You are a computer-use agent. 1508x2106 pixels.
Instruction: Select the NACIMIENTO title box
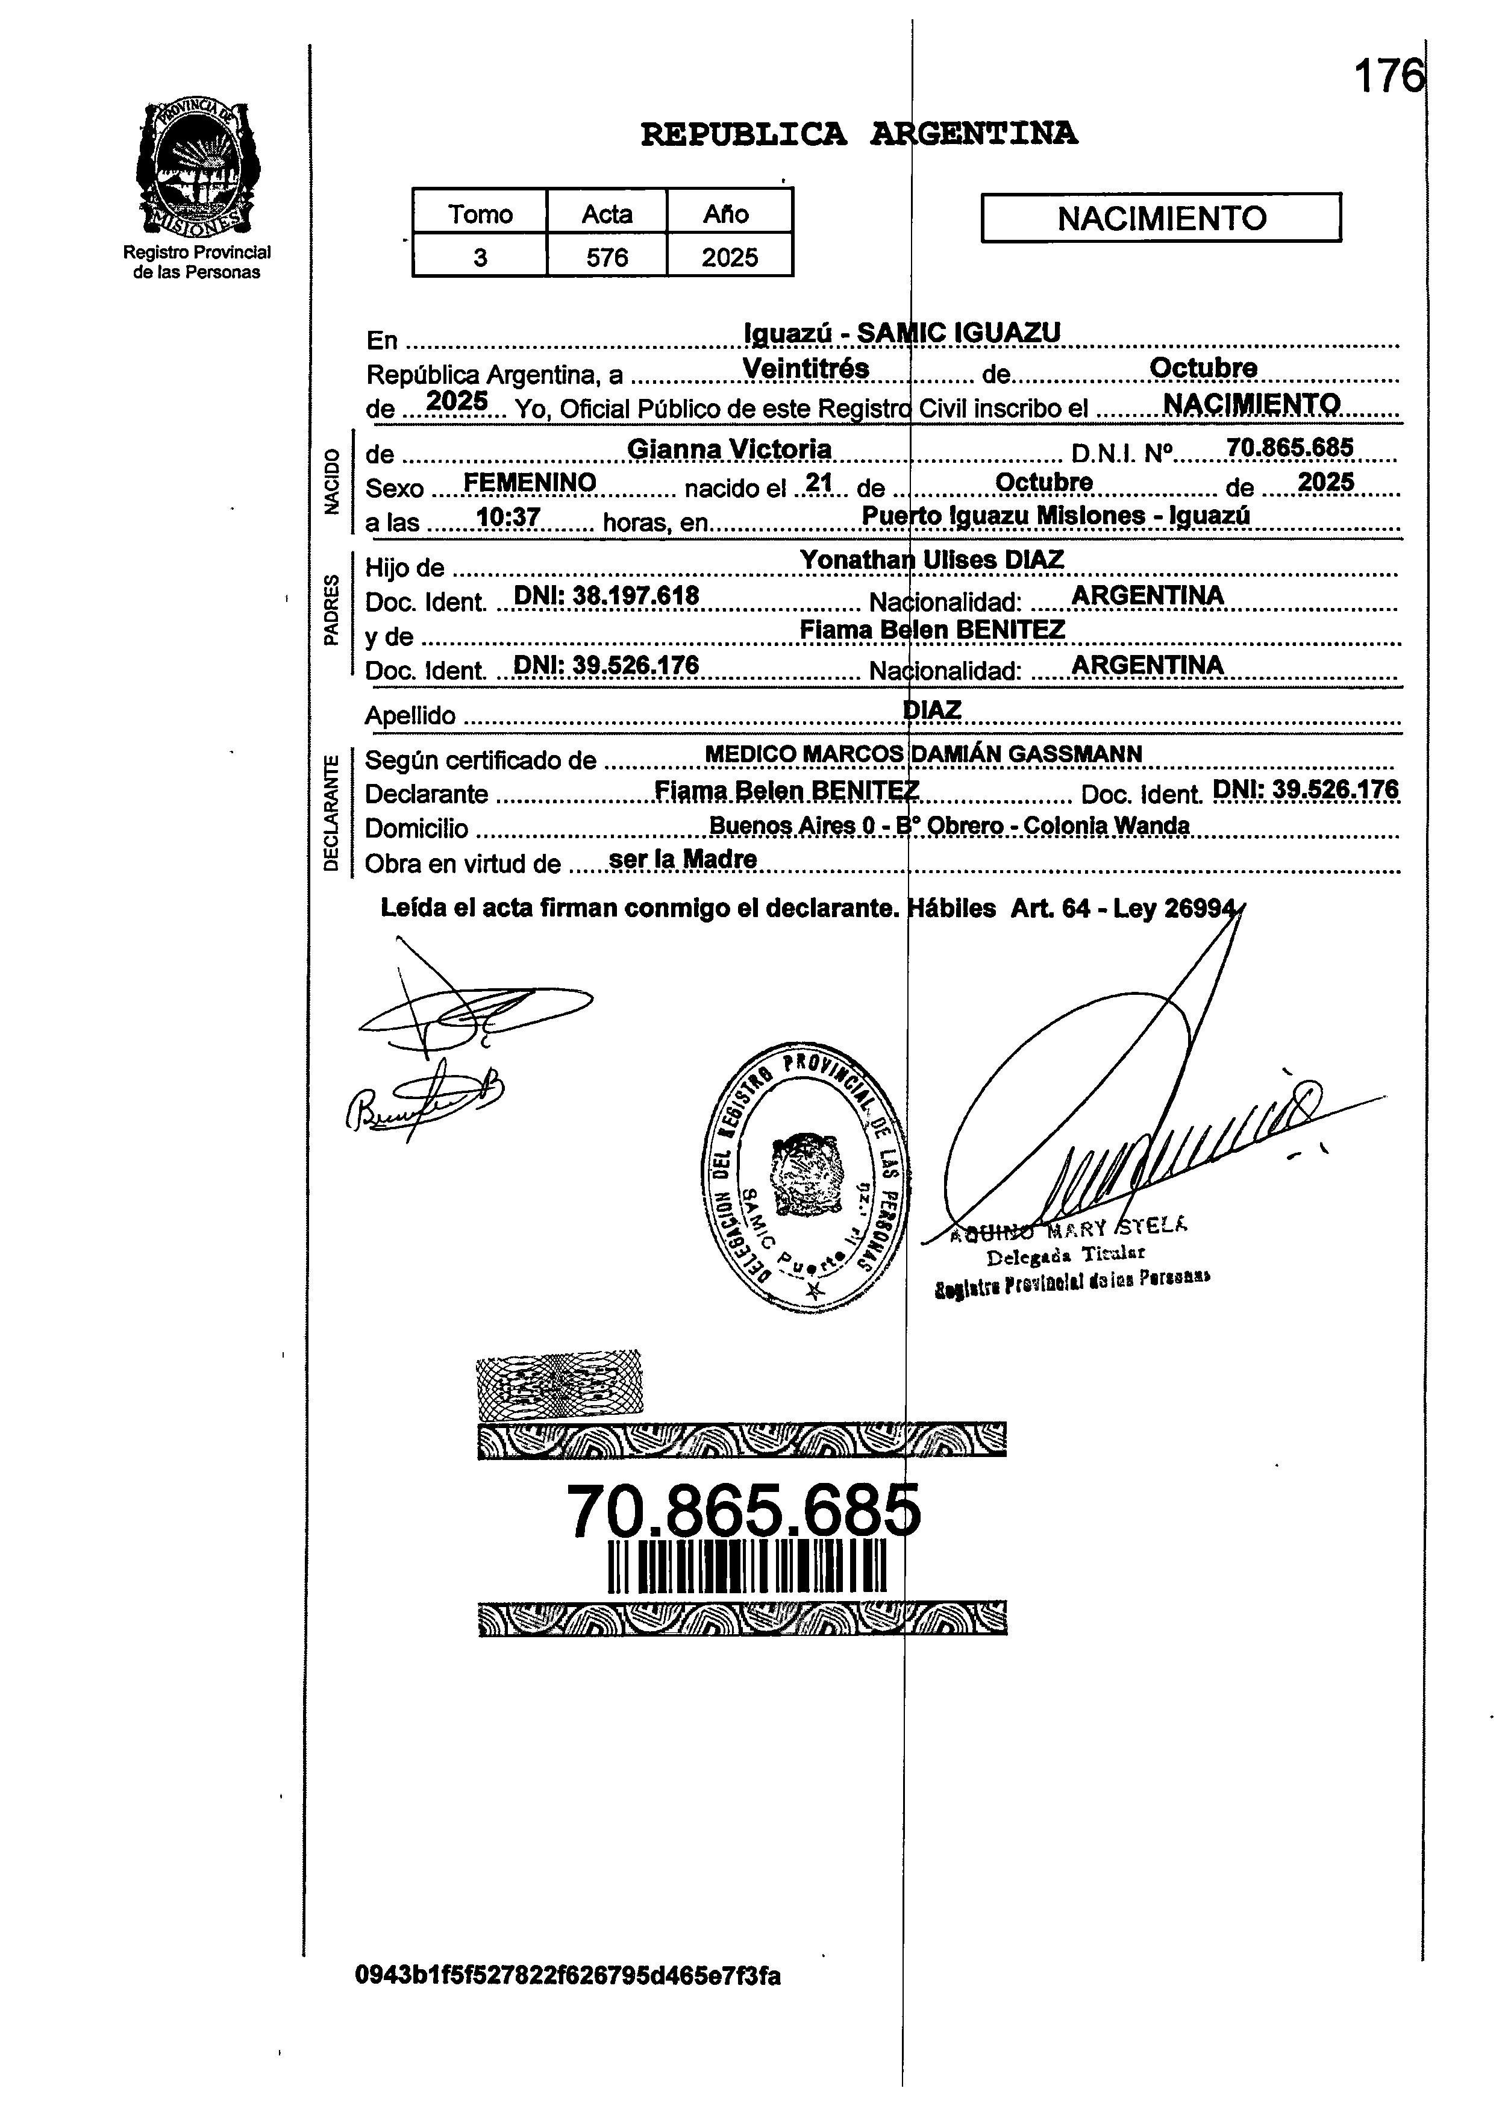point(1161,218)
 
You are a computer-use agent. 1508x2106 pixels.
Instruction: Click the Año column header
point(727,213)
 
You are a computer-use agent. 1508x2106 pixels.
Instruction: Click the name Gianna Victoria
point(729,450)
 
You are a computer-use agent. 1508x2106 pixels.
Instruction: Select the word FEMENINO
point(530,483)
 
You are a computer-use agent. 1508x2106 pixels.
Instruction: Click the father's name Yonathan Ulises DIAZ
point(931,560)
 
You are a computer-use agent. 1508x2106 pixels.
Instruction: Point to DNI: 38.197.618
point(605,595)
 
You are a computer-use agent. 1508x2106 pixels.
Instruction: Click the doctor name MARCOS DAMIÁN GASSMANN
point(971,754)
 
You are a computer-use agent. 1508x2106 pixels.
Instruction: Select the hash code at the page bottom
point(568,2002)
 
